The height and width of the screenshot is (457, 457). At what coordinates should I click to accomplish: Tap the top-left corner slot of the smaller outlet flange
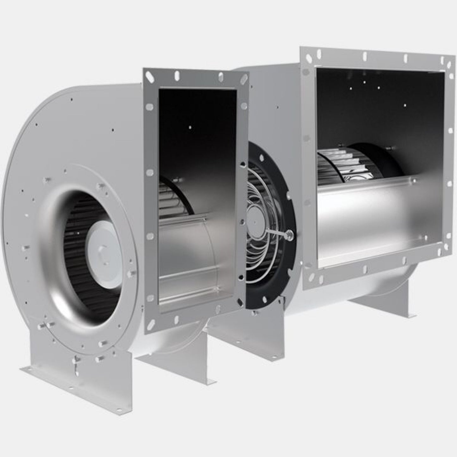[149, 76]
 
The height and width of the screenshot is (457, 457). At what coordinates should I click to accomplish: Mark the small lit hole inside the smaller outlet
[190, 127]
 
